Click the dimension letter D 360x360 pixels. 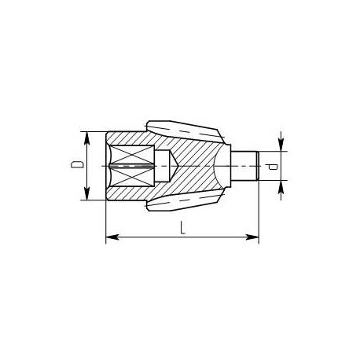[x=77, y=164]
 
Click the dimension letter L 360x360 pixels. [x=182, y=227]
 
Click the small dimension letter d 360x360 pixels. [x=273, y=167]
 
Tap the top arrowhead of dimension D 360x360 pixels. [x=87, y=138]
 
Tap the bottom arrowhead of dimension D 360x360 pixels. [x=87, y=193]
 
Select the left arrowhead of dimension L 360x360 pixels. [x=112, y=237]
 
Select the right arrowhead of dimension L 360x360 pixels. [x=252, y=237]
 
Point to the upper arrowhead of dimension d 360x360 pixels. [x=281, y=145]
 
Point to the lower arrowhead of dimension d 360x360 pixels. [x=281, y=187]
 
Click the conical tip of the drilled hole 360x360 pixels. [x=174, y=166]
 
